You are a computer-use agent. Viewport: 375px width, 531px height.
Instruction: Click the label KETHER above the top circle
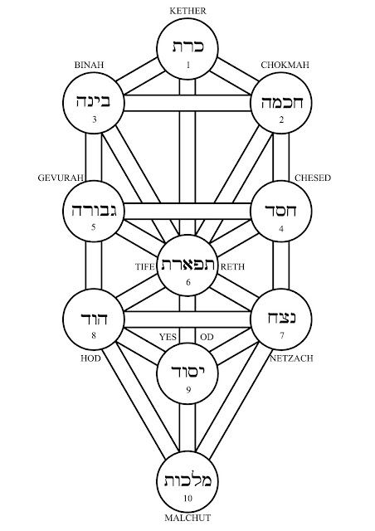187,11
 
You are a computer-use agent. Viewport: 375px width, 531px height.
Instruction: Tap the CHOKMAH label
285,65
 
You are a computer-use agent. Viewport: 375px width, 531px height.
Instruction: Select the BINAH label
89,65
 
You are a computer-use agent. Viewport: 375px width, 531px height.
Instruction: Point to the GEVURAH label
61,178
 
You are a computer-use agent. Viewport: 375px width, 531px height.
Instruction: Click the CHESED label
313,178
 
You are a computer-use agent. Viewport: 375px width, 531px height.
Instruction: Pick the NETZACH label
291,358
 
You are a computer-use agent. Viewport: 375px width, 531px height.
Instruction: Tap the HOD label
90,358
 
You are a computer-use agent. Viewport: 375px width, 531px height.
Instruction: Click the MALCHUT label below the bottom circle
187,518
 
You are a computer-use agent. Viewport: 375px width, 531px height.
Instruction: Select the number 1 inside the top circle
188,65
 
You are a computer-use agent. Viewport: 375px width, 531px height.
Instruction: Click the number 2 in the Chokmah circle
282,119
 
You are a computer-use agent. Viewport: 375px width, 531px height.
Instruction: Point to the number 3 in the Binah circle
95,119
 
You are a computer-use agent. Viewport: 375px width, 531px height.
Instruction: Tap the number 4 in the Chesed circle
281,229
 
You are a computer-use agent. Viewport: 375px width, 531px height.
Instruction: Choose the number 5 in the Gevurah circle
94,227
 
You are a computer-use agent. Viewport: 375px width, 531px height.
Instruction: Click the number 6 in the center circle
188,282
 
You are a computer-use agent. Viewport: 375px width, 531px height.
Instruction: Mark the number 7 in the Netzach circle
282,335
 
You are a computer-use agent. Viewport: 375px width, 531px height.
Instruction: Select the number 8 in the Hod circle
94,335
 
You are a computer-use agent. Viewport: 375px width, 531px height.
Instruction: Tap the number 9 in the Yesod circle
188,390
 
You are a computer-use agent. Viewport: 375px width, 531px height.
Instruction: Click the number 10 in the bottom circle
188,498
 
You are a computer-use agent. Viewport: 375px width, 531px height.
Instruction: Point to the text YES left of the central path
168,337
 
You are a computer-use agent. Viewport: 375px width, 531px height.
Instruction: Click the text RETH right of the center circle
232,267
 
